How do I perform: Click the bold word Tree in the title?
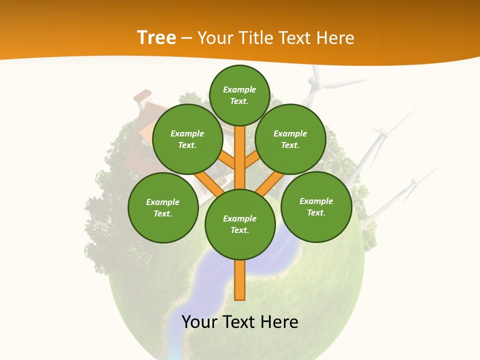(156, 37)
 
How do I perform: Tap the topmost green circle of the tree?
(239, 95)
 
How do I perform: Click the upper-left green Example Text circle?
(187, 139)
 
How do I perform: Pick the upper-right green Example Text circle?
(290, 139)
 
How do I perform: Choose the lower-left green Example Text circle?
(163, 207)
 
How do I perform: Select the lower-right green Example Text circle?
(316, 206)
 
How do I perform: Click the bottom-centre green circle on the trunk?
(240, 224)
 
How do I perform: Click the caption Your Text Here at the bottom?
(240, 322)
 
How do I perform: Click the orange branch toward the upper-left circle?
(226, 160)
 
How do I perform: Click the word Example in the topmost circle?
(239, 89)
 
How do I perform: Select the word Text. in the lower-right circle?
(316, 212)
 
